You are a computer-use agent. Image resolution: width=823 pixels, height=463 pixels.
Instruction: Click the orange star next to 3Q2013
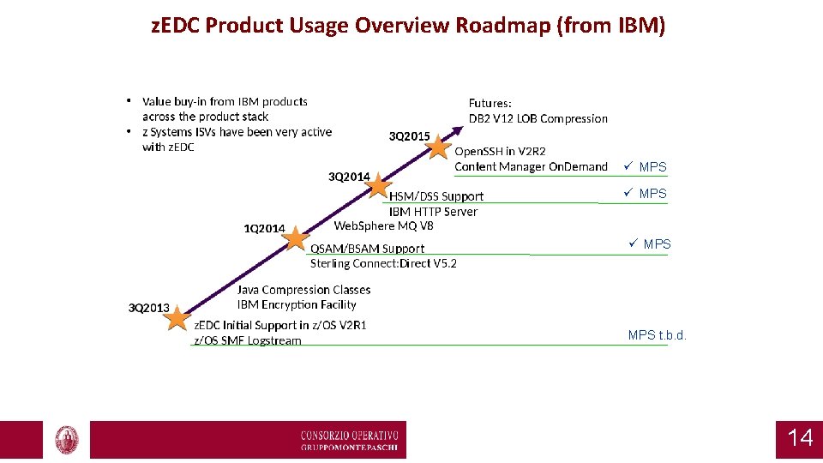click(x=177, y=318)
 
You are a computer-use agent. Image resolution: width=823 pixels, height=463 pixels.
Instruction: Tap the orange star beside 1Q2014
click(x=295, y=238)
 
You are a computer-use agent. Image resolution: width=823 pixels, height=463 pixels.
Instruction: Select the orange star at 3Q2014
click(x=379, y=187)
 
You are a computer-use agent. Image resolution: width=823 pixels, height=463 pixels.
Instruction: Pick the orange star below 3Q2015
click(x=439, y=147)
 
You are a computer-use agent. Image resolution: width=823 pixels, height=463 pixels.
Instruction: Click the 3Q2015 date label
click(x=410, y=136)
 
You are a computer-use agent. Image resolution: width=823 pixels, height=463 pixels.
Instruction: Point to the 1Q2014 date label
click(x=264, y=228)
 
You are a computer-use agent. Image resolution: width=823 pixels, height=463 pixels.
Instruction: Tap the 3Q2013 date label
click(x=148, y=308)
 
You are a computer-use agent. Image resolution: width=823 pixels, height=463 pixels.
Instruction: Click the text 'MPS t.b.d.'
click(x=658, y=335)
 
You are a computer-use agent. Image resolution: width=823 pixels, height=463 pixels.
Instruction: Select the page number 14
click(x=799, y=438)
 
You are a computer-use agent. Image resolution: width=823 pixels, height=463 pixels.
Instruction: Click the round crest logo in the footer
click(x=67, y=440)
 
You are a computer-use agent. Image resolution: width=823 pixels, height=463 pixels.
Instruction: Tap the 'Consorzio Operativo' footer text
click(x=350, y=435)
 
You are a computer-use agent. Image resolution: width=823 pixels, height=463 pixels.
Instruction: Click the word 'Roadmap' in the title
click(x=503, y=25)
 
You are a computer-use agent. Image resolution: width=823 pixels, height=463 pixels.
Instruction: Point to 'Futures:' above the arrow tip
click(x=490, y=103)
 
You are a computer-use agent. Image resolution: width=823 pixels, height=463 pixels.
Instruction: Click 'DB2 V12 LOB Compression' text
click(x=538, y=118)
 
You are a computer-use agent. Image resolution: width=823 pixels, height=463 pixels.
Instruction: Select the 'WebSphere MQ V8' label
click(x=383, y=225)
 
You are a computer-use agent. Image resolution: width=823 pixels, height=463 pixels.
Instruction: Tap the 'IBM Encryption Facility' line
click(x=297, y=304)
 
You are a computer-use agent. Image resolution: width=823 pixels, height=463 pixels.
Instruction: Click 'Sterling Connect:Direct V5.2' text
click(x=383, y=263)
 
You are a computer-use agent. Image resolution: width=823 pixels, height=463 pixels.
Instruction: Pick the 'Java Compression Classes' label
click(x=303, y=290)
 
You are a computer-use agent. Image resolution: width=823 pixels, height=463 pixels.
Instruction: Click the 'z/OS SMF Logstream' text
click(x=248, y=340)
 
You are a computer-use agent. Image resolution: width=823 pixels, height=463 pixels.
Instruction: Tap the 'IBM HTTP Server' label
click(x=433, y=211)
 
